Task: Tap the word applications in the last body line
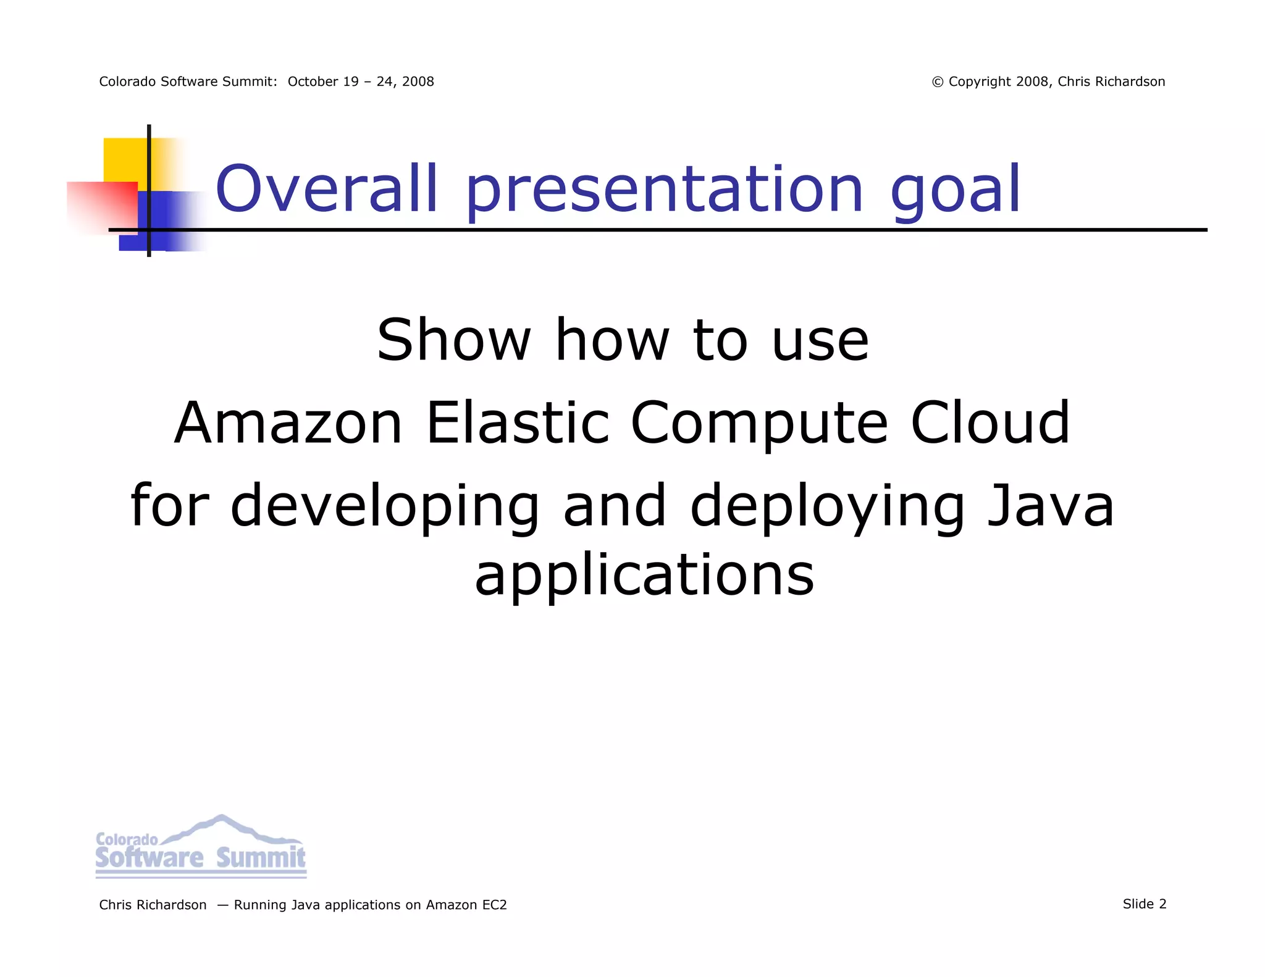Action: [644, 576]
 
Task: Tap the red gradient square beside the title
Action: [103, 207]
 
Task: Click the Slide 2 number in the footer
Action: [1144, 904]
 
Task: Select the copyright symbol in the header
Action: [937, 82]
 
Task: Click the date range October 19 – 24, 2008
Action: [361, 82]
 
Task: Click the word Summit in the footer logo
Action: [261, 858]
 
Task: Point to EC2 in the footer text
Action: [494, 905]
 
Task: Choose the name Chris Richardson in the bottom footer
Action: [153, 905]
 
